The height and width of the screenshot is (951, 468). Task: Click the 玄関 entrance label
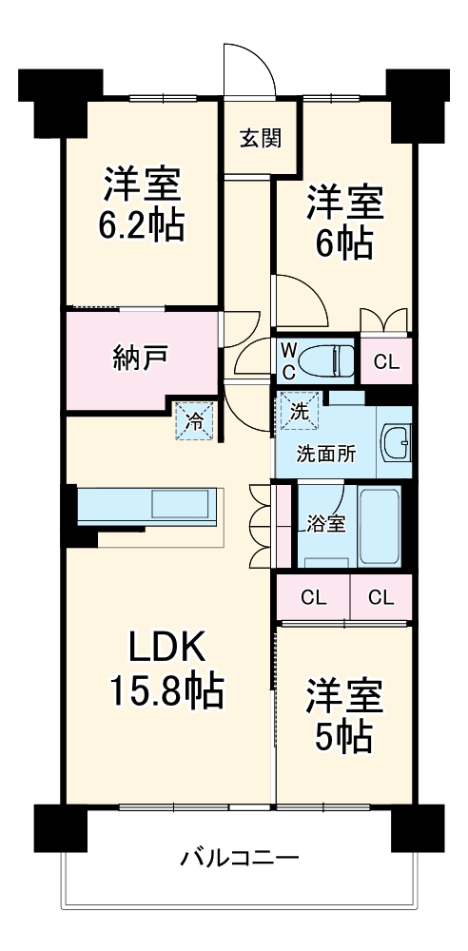pyautogui.click(x=259, y=139)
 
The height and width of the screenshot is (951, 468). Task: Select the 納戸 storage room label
pyautogui.click(x=140, y=359)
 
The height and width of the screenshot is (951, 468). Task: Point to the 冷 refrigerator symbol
pyautogui.click(x=195, y=420)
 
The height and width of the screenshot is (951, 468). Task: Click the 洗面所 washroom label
pyautogui.click(x=326, y=454)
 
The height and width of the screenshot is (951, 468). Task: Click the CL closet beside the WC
pyautogui.click(x=386, y=361)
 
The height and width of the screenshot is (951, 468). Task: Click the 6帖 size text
pyautogui.click(x=343, y=244)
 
